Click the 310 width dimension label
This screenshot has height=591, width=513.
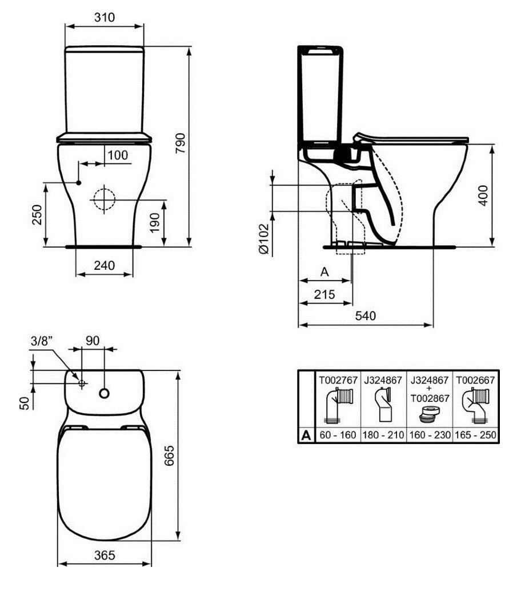105,17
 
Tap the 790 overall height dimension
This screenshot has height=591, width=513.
181,143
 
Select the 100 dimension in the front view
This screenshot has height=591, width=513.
118,155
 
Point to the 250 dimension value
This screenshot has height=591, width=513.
37,214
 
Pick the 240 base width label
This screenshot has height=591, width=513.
105,265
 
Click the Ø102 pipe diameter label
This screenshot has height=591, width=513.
264,239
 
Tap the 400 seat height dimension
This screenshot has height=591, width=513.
483,195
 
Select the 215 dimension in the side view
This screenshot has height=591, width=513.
324,294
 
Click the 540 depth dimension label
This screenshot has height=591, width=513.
366,316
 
